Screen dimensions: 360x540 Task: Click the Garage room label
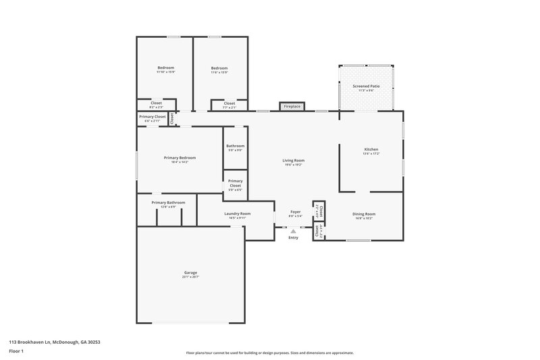click(x=190, y=272)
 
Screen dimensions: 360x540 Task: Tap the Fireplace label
click(x=292, y=107)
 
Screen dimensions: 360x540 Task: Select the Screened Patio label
click(x=365, y=86)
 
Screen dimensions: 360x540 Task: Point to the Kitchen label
click(x=371, y=149)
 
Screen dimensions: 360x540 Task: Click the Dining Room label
click(x=364, y=214)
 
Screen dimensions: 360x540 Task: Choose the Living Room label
click(x=293, y=160)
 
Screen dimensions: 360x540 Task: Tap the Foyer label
click(x=295, y=211)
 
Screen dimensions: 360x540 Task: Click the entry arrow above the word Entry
click(x=293, y=231)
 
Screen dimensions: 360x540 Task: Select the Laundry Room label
click(x=237, y=214)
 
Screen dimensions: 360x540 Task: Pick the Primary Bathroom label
click(x=168, y=202)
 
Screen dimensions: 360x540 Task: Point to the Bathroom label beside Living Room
click(x=235, y=146)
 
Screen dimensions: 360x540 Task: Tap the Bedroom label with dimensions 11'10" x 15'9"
click(x=165, y=68)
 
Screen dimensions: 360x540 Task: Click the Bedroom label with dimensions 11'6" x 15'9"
click(x=219, y=68)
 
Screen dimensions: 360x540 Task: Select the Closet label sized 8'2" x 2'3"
click(x=156, y=103)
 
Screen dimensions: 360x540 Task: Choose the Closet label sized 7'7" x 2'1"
click(x=229, y=103)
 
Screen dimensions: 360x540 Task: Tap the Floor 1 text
click(x=16, y=351)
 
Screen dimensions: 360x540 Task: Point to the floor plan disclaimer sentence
click(x=269, y=353)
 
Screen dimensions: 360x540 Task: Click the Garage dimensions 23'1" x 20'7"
click(x=190, y=277)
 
